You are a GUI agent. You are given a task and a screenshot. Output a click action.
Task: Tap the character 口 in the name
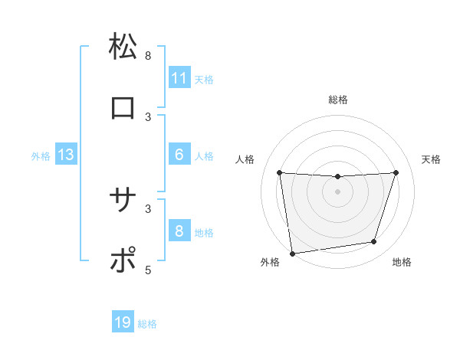tap(123, 108)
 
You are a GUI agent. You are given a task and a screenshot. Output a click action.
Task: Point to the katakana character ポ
tap(123, 261)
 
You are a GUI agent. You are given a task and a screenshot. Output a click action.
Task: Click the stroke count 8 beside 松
tap(148, 55)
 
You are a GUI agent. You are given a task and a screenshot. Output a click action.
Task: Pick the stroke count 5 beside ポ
tap(148, 270)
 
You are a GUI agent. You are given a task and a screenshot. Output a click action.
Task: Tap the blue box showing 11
tap(179, 78)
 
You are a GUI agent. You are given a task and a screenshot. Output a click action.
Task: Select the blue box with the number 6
tap(179, 155)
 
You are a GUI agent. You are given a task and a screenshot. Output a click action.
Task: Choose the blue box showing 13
tap(65, 155)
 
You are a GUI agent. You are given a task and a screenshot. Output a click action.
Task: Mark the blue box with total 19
tap(123, 322)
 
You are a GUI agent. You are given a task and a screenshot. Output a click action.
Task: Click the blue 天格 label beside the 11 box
tap(204, 79)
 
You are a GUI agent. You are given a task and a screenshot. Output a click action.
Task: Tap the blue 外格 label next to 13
tap(41, 155)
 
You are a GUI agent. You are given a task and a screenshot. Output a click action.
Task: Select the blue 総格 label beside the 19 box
tap(147, 323)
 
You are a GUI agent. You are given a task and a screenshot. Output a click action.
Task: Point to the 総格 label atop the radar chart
tap(337, 100)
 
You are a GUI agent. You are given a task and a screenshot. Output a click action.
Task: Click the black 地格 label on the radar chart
tap(402, 262)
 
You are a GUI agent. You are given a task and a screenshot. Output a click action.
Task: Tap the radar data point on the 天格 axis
tap(396, 172)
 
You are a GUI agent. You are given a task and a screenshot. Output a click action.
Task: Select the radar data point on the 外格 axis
tap(292, 253)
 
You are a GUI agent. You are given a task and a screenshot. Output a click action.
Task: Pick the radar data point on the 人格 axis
tap(279, 173)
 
